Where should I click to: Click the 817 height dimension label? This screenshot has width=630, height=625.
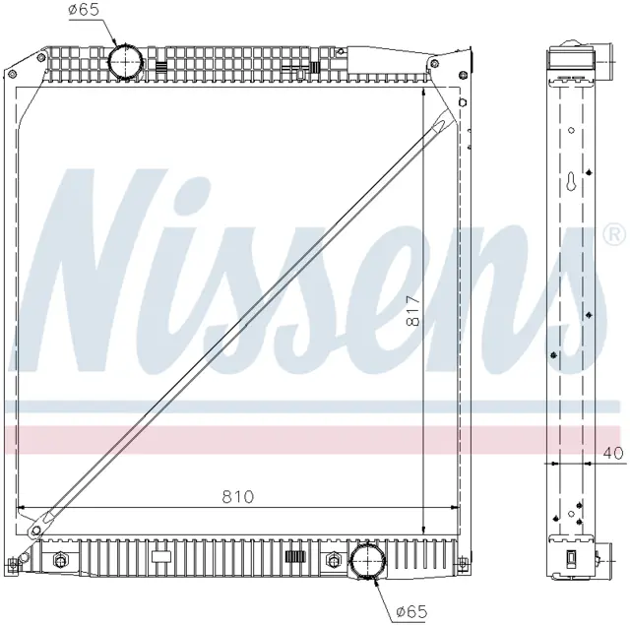(x=412, y=310)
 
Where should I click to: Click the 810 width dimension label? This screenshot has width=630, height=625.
(x=238, y=497)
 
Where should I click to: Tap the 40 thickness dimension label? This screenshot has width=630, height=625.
(x=613, y=453)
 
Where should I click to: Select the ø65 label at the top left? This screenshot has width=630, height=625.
(x=83, y=9)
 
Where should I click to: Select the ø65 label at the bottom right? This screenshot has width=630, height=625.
(x=411, y=612)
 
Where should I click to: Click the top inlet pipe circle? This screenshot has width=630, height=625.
(x=126, y=61)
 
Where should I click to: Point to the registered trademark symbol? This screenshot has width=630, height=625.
(x=614, y=234)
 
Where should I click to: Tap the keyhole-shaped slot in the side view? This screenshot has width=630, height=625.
(x=571, y=181)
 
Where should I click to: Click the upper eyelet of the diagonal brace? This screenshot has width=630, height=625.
(x=436, y=126)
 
